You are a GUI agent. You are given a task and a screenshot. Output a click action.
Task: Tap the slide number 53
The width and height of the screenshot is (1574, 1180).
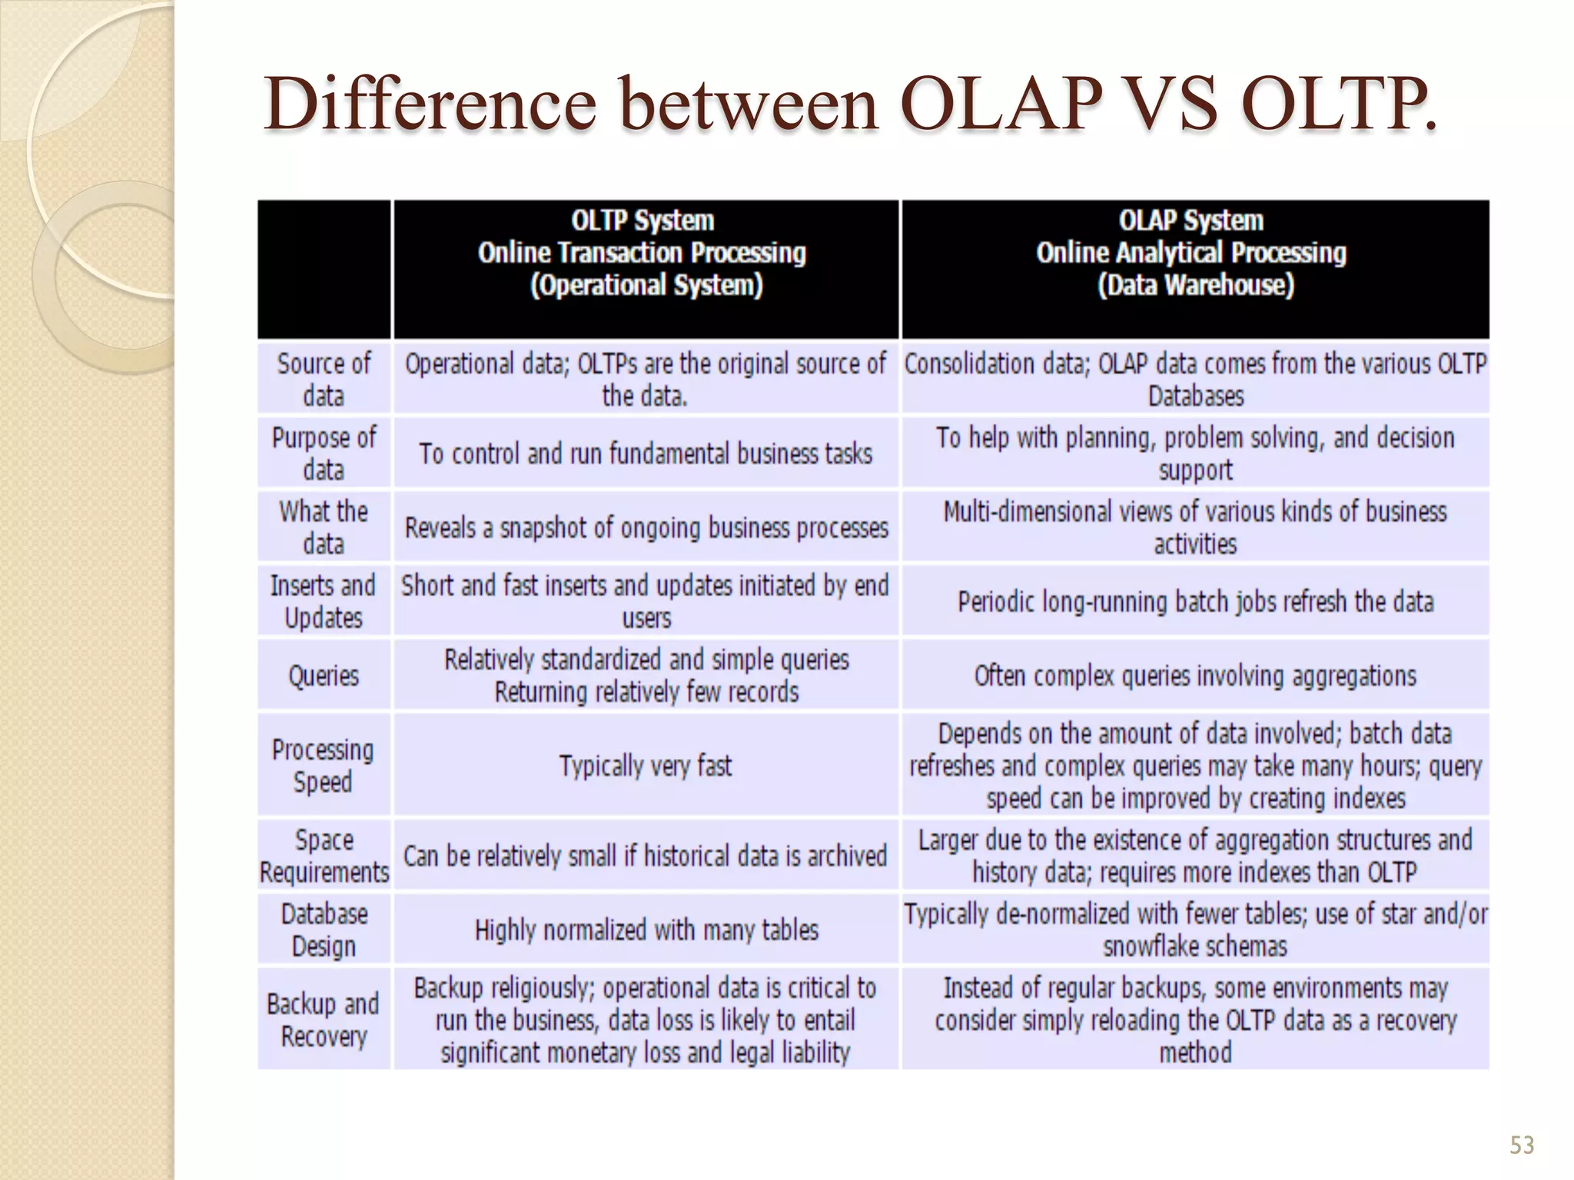click(x=1521, y=1145)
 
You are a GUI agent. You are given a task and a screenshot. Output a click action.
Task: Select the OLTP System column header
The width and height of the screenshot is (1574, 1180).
click(x=644, y=254)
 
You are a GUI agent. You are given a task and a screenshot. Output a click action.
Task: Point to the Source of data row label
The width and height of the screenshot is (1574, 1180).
click(x=324, y=379)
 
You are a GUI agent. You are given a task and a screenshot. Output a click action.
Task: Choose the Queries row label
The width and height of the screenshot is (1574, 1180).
click(x=324, y=676)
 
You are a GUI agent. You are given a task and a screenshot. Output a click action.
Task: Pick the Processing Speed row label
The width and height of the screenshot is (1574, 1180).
click(x=324, y=765)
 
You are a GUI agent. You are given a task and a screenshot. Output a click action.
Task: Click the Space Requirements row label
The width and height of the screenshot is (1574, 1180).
click(x=324, y=856)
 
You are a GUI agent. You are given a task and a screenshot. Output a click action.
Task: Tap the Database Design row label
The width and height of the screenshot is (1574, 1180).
click(x=324, y=930)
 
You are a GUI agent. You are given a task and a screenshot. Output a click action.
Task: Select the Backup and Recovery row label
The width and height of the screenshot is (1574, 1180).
click(x=324, y=1019)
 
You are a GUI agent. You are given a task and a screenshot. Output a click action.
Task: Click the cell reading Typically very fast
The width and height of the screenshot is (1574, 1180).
click(x=646, y=765)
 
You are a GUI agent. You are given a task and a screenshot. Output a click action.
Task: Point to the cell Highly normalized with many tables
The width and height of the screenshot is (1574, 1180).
click(x=646, y=930)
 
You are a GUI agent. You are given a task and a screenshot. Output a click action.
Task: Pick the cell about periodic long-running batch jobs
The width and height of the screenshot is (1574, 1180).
click(x=1195, y=601)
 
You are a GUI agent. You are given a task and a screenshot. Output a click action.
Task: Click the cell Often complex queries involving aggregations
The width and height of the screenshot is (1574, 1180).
click(x=1195, y=676)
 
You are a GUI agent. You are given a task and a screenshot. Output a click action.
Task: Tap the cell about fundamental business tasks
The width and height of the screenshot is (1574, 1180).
click(x=646, y=453)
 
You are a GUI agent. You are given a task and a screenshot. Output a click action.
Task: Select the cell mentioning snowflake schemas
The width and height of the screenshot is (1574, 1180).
click(x=1195, y=930)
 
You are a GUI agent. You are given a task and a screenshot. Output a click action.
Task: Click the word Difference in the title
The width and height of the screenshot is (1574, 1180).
click(x=430, y=104)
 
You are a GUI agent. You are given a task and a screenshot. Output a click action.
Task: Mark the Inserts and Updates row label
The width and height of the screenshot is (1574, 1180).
click(x=324, y=602)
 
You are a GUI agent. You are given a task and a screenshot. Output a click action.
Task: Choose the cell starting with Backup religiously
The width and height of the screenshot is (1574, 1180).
click(x=646, y=1019)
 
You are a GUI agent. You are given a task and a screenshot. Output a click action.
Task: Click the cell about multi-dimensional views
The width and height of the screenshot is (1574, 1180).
click(x=1195, y=527)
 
